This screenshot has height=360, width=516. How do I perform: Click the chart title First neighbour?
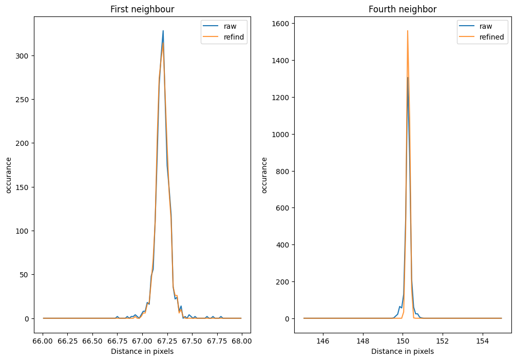(x=142, y=9)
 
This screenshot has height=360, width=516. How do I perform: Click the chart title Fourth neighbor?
(x=402, y=9)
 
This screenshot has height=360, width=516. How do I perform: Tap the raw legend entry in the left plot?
(x=230, y=26)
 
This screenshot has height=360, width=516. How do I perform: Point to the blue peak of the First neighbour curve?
(x=163, y=31)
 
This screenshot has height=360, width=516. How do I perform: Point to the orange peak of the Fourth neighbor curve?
(x=408, y=31)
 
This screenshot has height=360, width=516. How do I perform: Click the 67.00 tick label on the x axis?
(x=142, y=341)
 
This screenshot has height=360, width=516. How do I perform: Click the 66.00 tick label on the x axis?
(x=43, y=341)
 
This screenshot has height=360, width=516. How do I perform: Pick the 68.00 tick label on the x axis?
(x=241, y=341)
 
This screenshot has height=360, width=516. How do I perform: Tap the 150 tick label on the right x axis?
(x=403, y=341)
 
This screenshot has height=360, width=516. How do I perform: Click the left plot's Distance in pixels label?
(x=142, y=351)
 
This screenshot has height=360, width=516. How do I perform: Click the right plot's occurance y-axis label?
(x=265, y=175)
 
